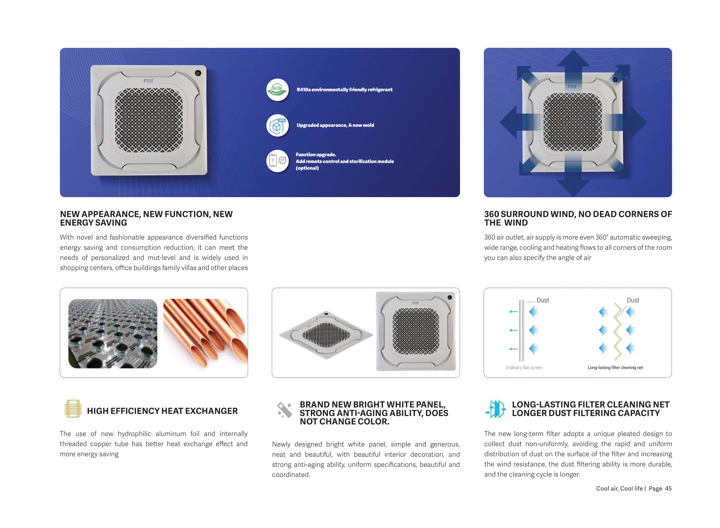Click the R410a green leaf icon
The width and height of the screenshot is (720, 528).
pyautogui.click(x=277, y=90)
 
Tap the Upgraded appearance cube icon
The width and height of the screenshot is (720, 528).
pyautogui.click(x=277, y=125)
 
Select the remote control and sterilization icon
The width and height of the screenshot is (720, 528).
pyautogui.click(x=277, y=161)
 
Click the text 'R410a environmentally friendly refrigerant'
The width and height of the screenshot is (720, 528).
pyautogui.click(x=344, y=90)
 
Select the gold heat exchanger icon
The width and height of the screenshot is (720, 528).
pyautogui.click(x=73, y=409)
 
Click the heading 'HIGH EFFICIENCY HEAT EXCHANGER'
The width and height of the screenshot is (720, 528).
pyautogui.click(x=162, y=411)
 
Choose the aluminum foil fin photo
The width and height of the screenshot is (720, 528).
pyautogui.click(x=112, y=333)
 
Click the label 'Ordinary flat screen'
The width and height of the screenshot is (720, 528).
pyautogui.click(x=524, y=367)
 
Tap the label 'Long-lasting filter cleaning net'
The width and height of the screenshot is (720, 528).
pyautogui.click(x=615, y=367)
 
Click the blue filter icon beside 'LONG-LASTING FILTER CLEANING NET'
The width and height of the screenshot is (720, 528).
pyautogui.click(x=496, y=409)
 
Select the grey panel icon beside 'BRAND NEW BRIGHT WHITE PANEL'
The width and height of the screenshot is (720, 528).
pyautogui.click(x=284, y=410)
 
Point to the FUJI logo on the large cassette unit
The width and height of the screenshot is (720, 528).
pyautogui.click(x=148, y=80)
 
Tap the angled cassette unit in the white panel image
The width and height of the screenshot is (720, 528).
pyautogui.click(x=326, y=335)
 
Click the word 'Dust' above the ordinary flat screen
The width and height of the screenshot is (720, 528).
pyautogui.click(x=542, y=300)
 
